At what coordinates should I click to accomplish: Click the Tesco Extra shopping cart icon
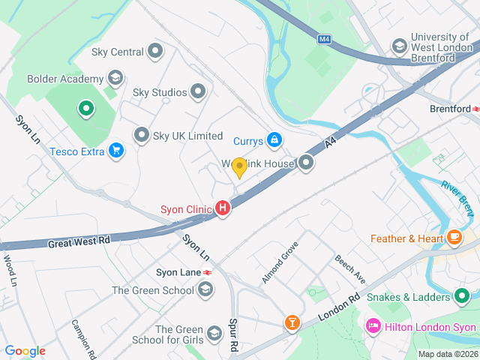115,151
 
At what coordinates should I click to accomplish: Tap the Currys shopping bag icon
275,140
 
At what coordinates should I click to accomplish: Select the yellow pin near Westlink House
239,167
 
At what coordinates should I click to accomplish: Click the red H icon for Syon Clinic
222,209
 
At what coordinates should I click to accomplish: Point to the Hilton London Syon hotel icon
372,326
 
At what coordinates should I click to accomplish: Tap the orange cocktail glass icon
291,323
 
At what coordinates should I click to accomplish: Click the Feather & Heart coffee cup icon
454,238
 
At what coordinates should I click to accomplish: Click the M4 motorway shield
324,39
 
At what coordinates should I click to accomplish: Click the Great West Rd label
79,242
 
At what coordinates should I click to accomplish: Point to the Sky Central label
116,52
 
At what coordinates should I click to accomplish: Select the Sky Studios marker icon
198,92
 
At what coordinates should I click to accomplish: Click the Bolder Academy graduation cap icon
115,78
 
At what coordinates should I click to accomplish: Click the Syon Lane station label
178,271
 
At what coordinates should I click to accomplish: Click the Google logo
25,351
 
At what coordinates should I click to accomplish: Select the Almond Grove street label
280,262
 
